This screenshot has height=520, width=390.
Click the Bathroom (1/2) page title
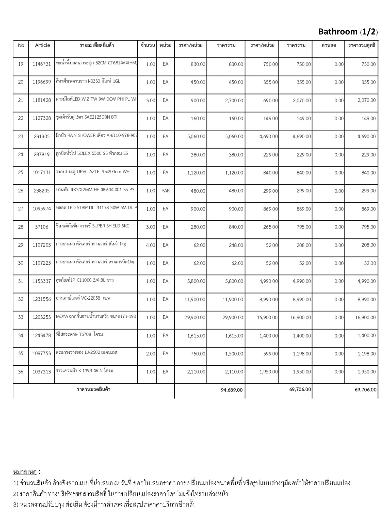348,32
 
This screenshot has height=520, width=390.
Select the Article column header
42,45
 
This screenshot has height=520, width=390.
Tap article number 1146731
42,64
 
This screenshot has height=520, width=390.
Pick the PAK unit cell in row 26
166,191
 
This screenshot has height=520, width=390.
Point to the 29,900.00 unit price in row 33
195,317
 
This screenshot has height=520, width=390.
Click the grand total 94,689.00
232,390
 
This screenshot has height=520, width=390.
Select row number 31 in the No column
21,281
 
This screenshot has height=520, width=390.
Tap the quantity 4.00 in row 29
151,245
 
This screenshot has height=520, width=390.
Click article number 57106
42,227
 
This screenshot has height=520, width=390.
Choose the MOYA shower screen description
96,317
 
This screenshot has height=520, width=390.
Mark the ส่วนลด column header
329,45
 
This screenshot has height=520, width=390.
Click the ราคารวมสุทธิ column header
362,45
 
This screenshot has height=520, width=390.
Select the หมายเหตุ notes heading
25,472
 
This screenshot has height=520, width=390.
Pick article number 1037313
42,372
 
